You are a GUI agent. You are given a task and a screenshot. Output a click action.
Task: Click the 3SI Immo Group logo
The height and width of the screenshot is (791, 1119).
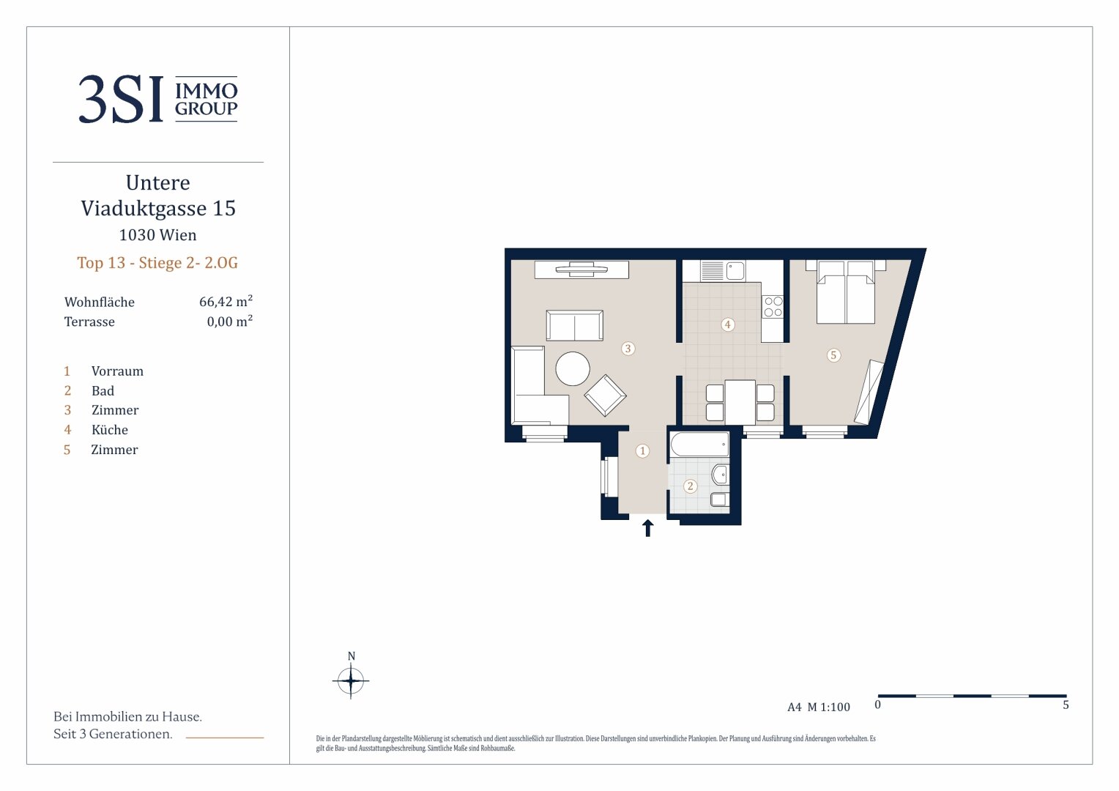(158, 98)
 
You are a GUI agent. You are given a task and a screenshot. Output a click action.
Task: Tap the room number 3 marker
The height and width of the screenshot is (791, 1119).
(628, 349)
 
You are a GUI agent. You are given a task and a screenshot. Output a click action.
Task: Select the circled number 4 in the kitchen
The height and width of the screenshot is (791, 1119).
(727, 324)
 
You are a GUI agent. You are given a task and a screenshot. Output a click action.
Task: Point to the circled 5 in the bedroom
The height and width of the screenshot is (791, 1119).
(833, 355)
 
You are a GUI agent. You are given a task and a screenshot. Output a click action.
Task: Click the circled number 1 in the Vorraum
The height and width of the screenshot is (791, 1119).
(642, 450)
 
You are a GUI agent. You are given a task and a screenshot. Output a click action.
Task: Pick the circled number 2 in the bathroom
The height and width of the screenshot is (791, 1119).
(691, 486)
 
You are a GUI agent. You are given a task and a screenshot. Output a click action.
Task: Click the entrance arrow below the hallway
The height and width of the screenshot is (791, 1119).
(648, 527)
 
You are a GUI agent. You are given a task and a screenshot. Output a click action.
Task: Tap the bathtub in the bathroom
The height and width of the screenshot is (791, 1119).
(699, 445)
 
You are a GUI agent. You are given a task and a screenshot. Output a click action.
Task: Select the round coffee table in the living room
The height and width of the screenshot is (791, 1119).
(573, 368)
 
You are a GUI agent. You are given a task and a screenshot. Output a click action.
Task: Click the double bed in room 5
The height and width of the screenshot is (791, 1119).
(845, 291)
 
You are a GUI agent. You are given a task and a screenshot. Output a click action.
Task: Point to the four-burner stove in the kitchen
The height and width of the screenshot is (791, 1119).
(773, 306)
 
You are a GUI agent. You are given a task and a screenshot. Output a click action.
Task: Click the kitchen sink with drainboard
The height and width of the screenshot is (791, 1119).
(722, 271)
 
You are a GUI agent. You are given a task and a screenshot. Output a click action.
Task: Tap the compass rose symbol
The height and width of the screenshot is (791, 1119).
(351, 680)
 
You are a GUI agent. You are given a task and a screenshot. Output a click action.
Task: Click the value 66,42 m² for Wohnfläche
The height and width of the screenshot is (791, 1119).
(226, 301)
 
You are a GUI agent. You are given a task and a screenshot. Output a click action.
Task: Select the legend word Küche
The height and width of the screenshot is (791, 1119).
(110, 430)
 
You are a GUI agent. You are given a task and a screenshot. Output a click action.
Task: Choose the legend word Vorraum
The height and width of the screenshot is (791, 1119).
(117, 371)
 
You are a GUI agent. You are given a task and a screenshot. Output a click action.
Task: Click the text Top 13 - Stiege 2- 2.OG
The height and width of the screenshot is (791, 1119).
(157, 262)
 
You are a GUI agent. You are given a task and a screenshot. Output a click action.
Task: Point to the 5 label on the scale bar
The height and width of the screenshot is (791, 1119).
(1066, 705)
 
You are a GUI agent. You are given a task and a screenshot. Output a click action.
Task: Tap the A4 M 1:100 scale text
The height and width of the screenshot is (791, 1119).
(818, 707)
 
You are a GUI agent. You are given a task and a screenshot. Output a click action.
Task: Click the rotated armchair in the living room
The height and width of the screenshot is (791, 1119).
(605, 395)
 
